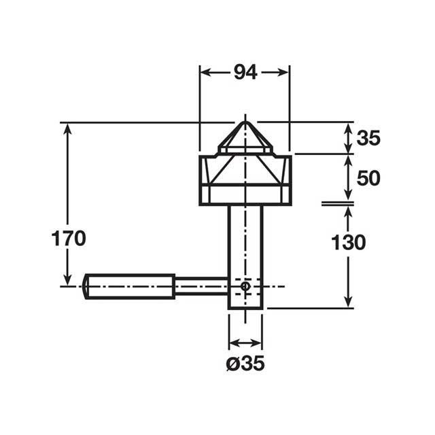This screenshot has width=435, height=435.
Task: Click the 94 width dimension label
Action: (x=245, y=73)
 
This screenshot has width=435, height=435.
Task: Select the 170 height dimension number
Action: (x=69, y=239)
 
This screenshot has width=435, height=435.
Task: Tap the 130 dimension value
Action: (x=349, y=242)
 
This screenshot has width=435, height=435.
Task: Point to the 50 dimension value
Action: (x=368, y=178)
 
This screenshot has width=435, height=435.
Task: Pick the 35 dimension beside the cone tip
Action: (x=368, y=138)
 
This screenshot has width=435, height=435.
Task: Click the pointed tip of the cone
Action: (x=245, y=122)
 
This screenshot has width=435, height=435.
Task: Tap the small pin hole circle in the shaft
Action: (x=245, y=286)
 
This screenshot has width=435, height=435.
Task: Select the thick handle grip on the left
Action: (x=129, y=287)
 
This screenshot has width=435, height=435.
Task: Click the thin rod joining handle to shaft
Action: (x=202, y=286)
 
